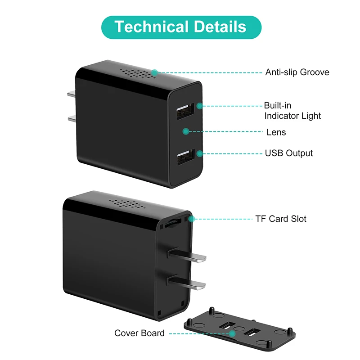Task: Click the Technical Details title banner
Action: point(180,27)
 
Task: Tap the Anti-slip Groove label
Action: point(297,72)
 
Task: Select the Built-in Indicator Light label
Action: point(292,111)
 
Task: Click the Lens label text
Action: point(276,132)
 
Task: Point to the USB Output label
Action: point(288,153)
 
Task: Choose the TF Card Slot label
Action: point(281,219)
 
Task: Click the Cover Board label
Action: point(139,333)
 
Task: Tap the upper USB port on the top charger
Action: point(185,111)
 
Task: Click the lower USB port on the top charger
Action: point(185,157)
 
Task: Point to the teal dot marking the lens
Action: point(185,131)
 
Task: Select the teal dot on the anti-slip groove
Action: point(154,72)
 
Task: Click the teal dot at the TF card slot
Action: point(192,219)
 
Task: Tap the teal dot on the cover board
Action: point(232,333)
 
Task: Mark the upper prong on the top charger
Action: point(72,95)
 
